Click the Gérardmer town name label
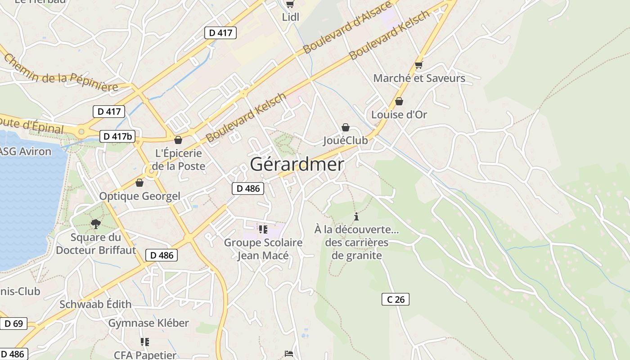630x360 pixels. [297, 165]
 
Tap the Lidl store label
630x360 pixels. [290, 17]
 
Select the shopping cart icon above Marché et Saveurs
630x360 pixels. [419, 65]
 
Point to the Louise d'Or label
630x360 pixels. [399, 114]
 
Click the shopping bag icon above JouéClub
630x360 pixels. [346, 127]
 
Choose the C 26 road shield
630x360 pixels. [396, 299]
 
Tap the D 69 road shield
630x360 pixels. [13, 323]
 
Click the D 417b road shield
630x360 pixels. [117, 136]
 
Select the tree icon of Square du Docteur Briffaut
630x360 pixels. [95, 224]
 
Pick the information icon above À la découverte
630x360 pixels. [356, 216]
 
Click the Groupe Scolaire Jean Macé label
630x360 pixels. [263, 249]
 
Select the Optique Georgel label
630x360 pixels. [139, 196]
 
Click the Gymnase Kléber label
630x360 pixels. [148, 323]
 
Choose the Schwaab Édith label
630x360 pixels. [95, 304]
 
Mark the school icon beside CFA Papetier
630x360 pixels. [144, 342]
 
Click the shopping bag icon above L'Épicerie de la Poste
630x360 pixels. [178, 140]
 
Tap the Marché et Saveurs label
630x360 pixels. [419, 78]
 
